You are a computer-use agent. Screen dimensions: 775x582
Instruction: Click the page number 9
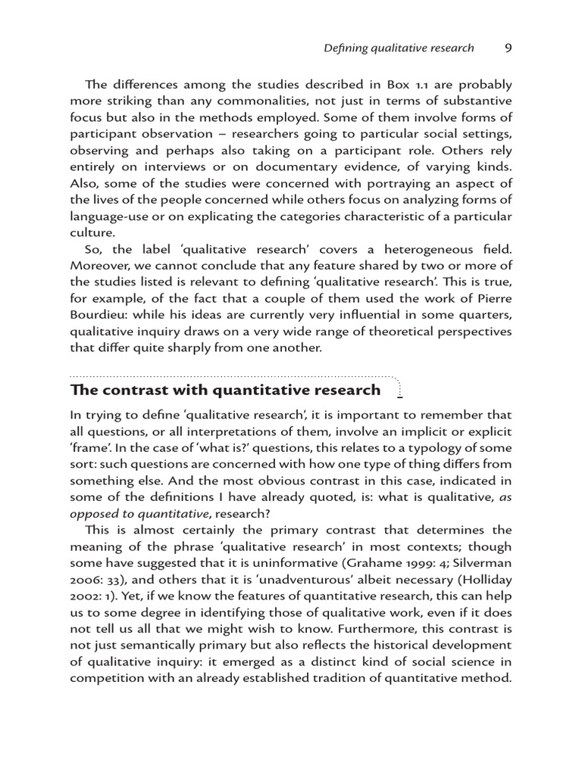coord(508,48)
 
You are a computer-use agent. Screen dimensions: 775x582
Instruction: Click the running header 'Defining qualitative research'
coord(399,48)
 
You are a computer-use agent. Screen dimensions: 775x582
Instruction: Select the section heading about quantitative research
coord(226,391)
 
